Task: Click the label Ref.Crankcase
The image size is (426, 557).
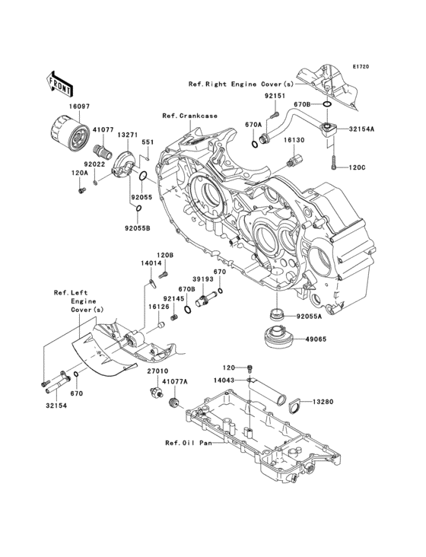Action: [189, 115]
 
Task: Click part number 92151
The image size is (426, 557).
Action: [275, 97]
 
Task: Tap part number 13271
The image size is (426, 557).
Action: [128, 135]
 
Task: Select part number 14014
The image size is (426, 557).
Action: [151, 263]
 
